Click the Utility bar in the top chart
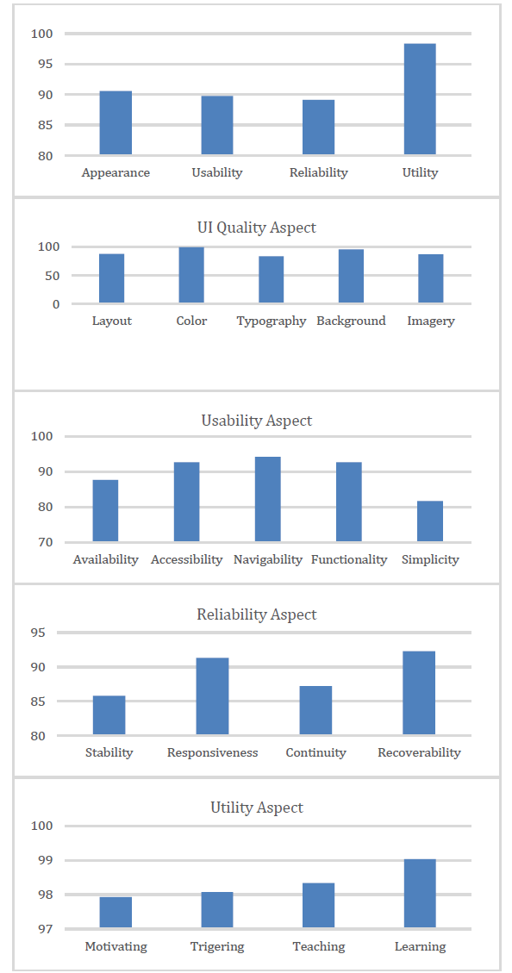(420, 98)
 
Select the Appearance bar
(116, 123)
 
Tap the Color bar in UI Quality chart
(191, 275)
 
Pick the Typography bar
(272, 280)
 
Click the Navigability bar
(267, 499)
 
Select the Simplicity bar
(430, 521)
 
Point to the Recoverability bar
(419, 693)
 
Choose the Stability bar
(109, 715)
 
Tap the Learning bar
(420, 894)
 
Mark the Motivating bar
(116, 913)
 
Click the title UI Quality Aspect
(256, 228)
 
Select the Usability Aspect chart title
(256, 421)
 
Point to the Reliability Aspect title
(256, 614)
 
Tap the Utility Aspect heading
(256, 808)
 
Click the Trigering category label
(217, 947)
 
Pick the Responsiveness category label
(212, 752)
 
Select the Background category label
(351, 321)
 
